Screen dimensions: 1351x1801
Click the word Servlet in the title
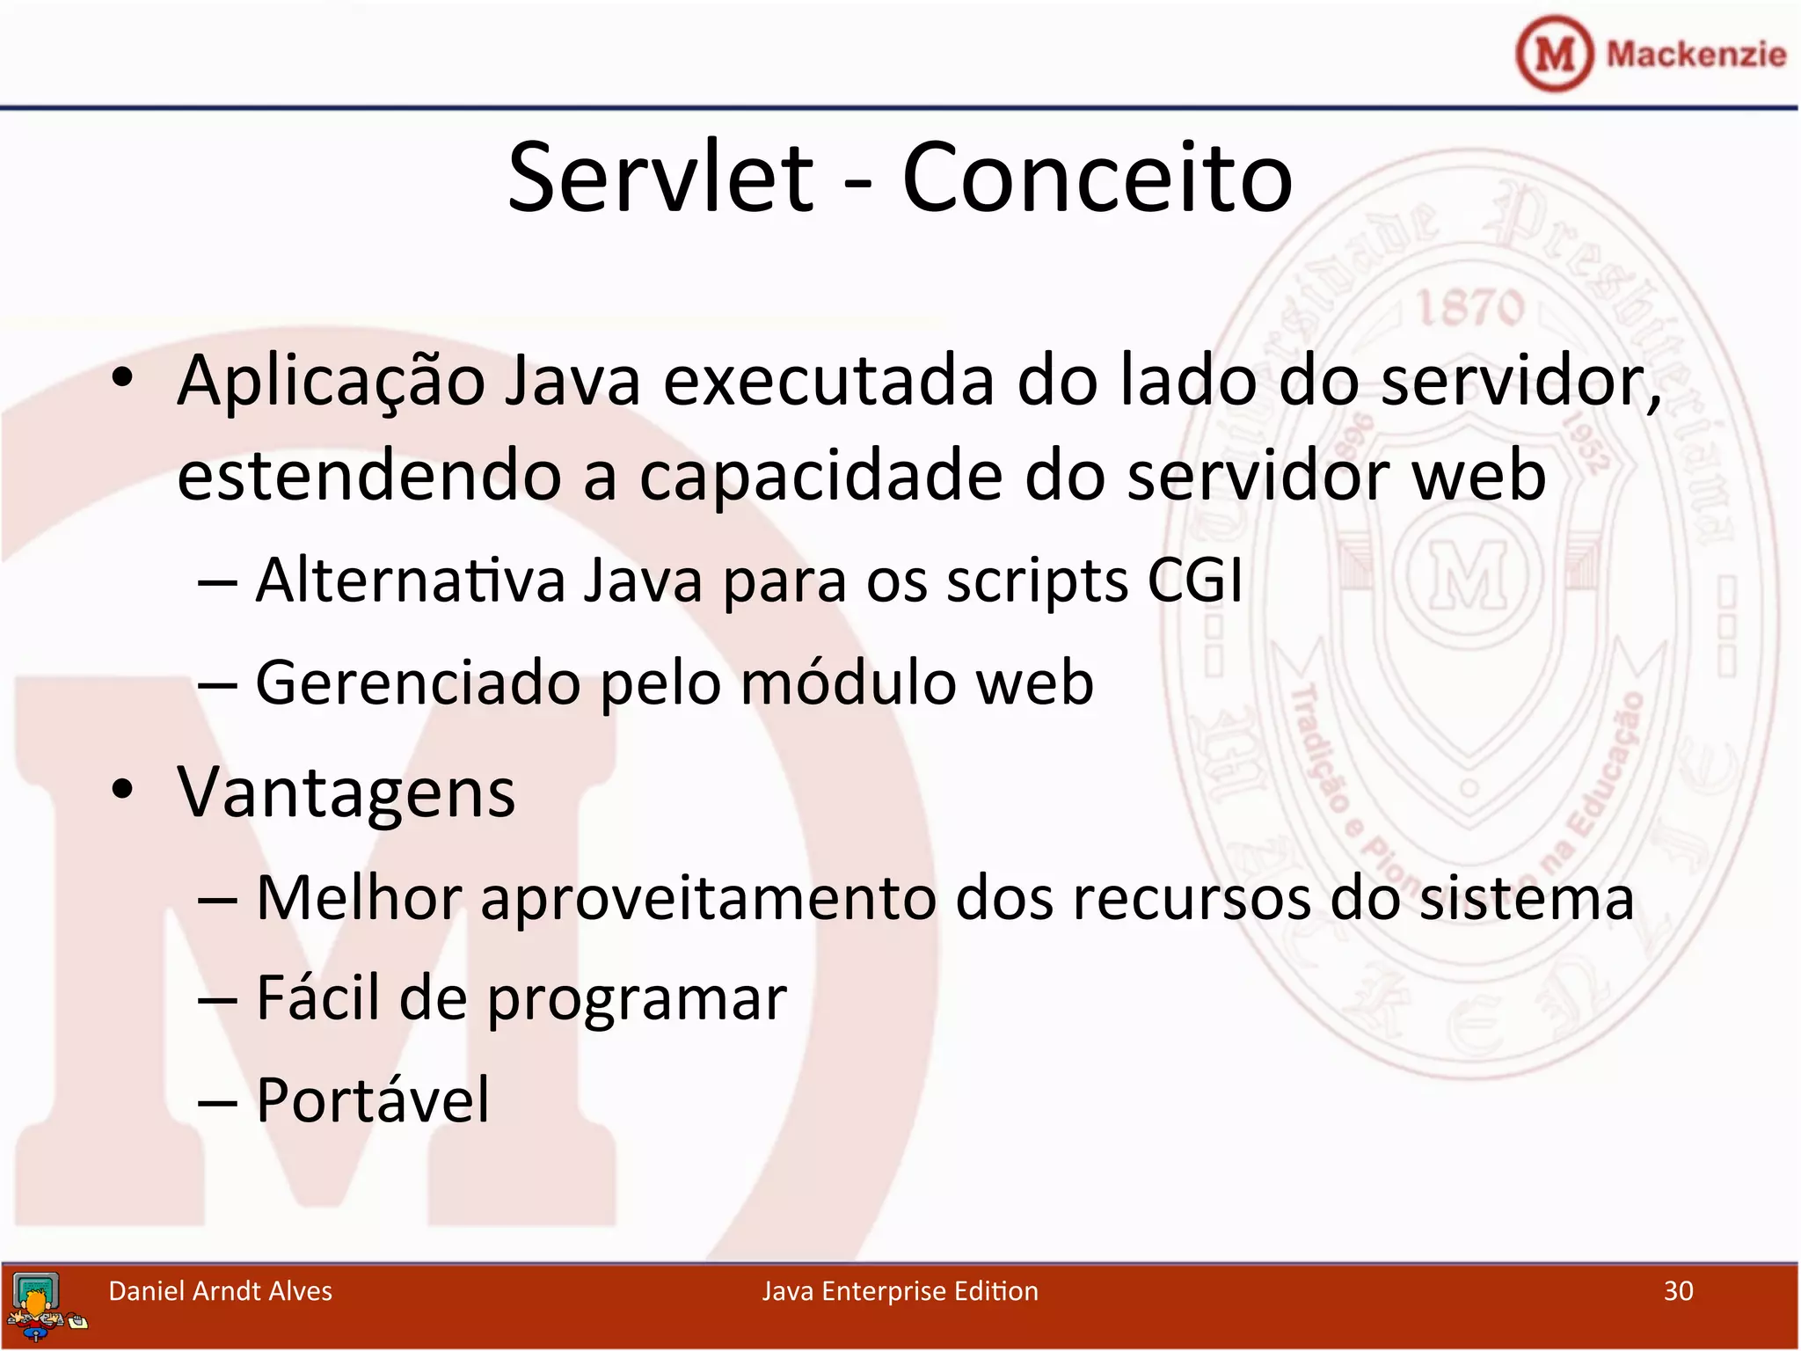click(x=661, y=179)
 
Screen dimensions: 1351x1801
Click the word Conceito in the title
click(x=1097, y=179)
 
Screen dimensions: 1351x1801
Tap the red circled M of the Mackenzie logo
click(x=1554, y=55)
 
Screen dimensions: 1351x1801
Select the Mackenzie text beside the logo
click(x=1695, y=55)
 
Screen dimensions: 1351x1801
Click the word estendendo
click(x=368, y=476)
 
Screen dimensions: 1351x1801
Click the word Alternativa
click(x=410, y=581)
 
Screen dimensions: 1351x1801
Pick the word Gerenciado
click(x=418, y=683)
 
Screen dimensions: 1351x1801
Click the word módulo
click(x=848, y=683)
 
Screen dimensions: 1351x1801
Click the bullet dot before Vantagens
click(x=122, y=789)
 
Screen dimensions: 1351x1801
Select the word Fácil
click(x=318, y=998)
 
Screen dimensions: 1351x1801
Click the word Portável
click(x=372, y=1100)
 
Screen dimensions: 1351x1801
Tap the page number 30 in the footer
click(x=1678, y=1291)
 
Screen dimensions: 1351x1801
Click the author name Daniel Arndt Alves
click(x=220, y=1291)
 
